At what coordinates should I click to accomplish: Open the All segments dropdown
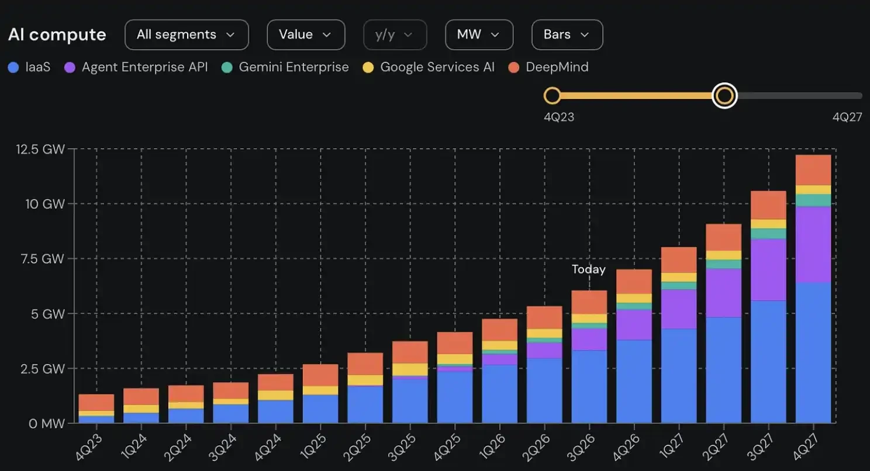pos(187,34)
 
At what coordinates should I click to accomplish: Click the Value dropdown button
pos(306,34)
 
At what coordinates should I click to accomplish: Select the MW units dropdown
pos(479,34)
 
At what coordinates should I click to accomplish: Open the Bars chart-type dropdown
pos(567,34)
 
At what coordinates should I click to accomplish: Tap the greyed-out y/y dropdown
pos(395,34)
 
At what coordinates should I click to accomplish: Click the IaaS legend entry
pos(29,67)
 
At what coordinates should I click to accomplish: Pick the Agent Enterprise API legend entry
pos(136,67)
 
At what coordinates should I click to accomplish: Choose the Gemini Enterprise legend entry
pos(285,67)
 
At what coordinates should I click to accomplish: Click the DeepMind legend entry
pos(548,67)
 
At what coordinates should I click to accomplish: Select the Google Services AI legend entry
pos(429,67)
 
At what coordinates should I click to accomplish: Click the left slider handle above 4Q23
pos(552,95)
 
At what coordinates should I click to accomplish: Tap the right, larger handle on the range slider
pos(724,95)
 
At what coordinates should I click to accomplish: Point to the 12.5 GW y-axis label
pos(40,149)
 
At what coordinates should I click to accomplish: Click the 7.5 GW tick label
pos(42,259)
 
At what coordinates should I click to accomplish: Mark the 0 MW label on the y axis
pos(46,423)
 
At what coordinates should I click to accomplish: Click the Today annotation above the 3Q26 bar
pos(588,269)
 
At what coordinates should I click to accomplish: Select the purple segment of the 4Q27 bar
pos(813,244)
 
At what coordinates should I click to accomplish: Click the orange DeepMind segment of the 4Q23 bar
pos(96,403)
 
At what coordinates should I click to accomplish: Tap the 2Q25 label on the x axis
pos(357,447)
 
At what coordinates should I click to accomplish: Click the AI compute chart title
pos(57,34)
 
